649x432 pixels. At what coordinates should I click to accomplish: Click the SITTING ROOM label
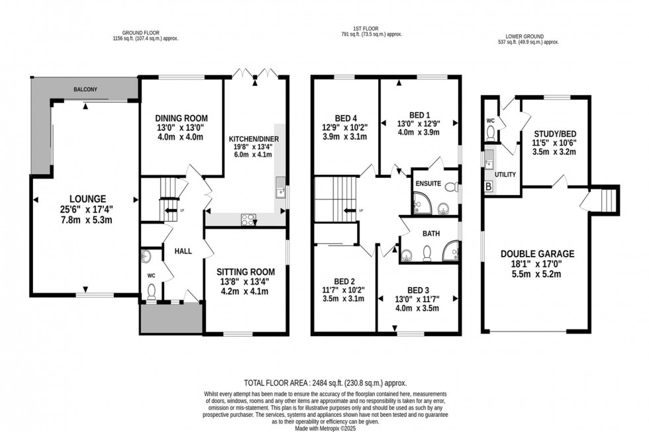pos(246,272)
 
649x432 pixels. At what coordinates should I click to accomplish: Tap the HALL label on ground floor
pos(183,252)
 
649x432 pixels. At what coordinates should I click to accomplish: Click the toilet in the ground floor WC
pos(152,290)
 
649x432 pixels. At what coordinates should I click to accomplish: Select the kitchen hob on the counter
pos(249,218)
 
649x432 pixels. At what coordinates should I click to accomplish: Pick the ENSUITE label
pos(428,183)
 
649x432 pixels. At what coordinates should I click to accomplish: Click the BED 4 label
pos(344,112)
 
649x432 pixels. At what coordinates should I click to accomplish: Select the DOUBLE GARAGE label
pos(537,253)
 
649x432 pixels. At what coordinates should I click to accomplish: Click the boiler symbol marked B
pos(489,187)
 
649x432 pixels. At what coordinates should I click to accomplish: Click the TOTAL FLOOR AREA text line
pos(324,383)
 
